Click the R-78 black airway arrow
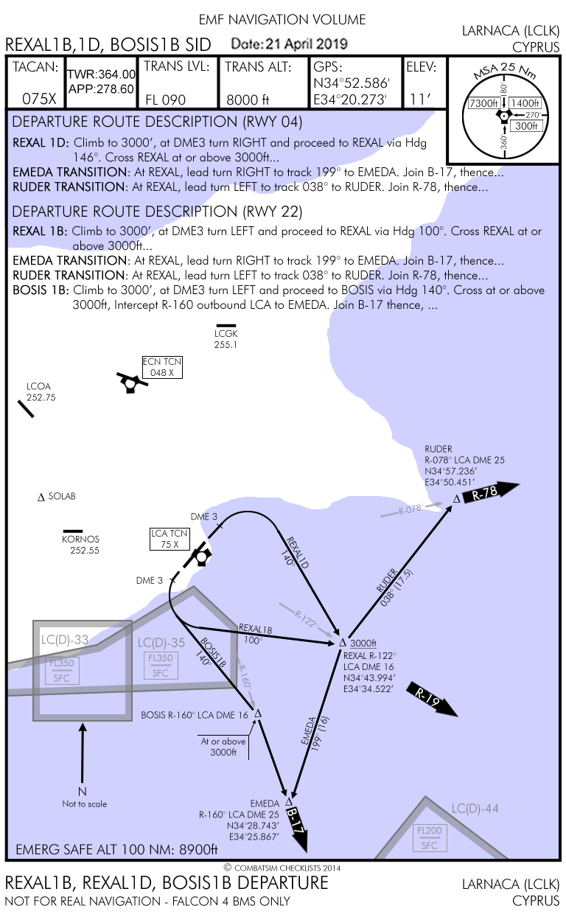pyautogui.click(x=490, y=492)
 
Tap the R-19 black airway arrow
pyautogui.click(x=431, y=697)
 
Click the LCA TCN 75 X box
pyautogui.click(x=164, y=539)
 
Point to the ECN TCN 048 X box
pyautogui.click(x=161, y=367)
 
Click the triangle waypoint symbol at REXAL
pyautogui.click(x=342, y=643)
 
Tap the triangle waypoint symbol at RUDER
pyautogui.click(x=457, y=499)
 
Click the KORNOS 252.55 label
pyautogui.click(x=80, y=544)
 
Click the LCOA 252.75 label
pyautogui.click(x=41, y=391)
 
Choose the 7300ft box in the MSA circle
pyautogui.click(x=484, y=103)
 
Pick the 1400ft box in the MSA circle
pyautogui.click(x=523, y=103)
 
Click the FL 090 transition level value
pyautogui.click(x=165, y=100)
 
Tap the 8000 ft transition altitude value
pyautogui.click(x=248, y=100)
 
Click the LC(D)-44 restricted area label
pyautogui.click(x=475, y=809)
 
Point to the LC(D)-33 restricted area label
pyautogui.click(x=65, y=640)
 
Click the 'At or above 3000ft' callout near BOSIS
pyautogui.click(x=223, y=747)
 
